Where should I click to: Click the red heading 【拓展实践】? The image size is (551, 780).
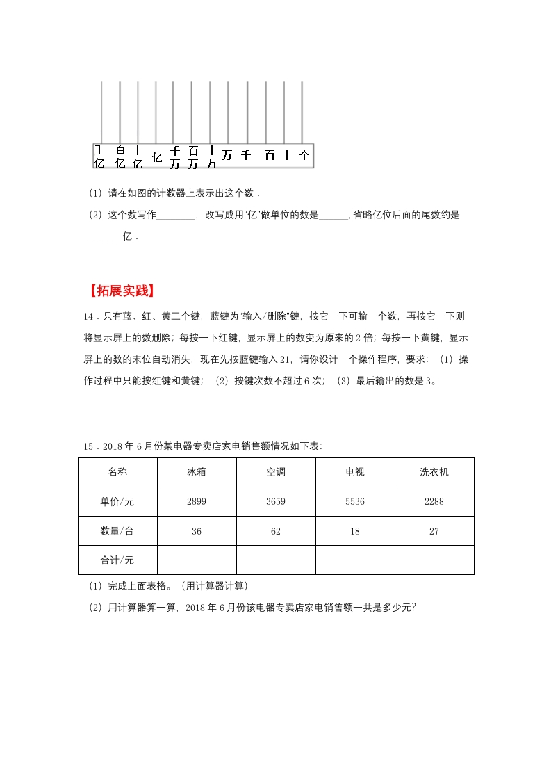(122, 291)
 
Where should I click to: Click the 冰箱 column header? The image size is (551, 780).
(197, 472)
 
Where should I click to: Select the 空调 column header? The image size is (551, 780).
(276, 472)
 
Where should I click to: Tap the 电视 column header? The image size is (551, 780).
(355, 472)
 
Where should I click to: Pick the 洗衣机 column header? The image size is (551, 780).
(434, 472)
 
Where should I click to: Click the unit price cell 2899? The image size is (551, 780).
(197, 501)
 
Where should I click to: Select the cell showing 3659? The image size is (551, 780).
(276, 501)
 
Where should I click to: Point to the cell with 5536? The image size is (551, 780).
(355, 501)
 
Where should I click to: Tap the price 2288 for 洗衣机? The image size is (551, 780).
(434, 501)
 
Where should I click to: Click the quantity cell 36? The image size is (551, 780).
(197, 531)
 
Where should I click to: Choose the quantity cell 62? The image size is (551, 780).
(276, 531)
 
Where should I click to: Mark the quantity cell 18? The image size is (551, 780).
(355, 531)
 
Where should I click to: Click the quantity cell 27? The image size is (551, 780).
(434, 531)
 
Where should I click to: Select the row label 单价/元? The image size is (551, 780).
(117, 501)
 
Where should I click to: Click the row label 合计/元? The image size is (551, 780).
(117, 560)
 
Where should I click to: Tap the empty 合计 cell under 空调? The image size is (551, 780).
(276, 560)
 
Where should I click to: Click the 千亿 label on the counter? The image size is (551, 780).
(99, 156)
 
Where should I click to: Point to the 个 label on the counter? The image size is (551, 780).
(304, 155)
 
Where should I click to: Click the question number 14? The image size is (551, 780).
(88, 316)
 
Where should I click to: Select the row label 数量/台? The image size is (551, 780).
(117, 531)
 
